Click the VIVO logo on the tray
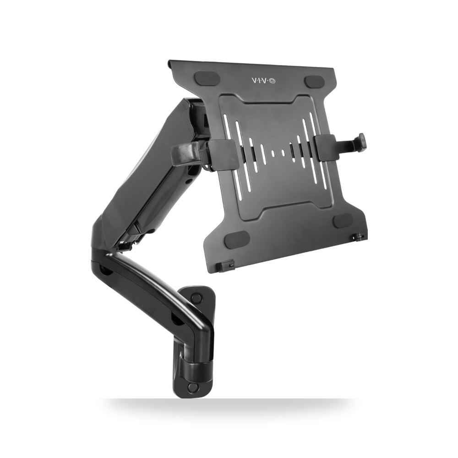263,81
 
